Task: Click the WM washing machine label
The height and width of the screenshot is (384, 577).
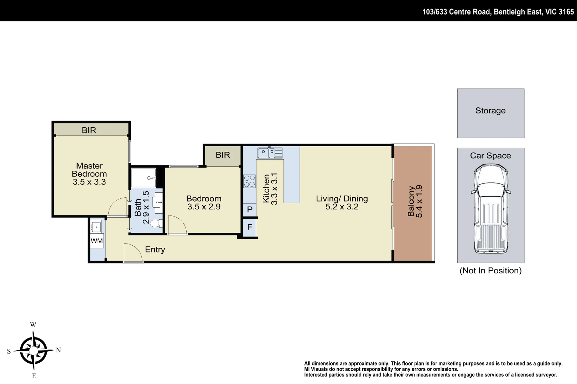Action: (x=97, y=241)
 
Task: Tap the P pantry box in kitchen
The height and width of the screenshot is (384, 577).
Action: (x=250, y=209)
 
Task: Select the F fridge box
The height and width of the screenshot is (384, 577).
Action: (x=250, y=227)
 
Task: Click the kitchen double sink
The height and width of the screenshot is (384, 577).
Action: (x=270, y=153)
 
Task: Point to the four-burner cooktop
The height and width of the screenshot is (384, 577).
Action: (x=249, y=181)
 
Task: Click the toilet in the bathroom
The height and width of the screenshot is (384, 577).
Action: (x=156, y=224)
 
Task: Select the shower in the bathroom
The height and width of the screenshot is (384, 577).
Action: (x=143, y=178)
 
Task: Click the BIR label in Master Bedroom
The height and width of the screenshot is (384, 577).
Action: (x=89, y=130)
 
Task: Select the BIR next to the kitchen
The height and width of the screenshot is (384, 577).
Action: (x=223, y=155)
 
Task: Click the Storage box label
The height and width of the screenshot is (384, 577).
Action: (x=490, y=111)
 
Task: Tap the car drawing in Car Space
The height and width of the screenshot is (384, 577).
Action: (x=490, y=208)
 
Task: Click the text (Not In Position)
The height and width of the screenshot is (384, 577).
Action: (x=490, y=271)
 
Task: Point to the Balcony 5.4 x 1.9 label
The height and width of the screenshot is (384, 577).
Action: (x=415, y=201)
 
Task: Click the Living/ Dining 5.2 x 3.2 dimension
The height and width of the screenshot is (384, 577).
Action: (x=342, y=207)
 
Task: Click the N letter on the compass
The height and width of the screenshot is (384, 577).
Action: (x=58, y=350)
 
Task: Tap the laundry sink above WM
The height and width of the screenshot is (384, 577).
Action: (x=97, y=225)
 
